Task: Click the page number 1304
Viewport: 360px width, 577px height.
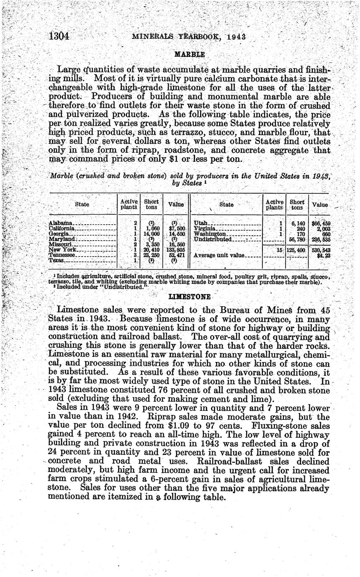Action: pos(59,36)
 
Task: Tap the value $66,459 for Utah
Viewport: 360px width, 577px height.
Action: pos(321,223)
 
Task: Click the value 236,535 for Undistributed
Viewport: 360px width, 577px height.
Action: pos(321,239)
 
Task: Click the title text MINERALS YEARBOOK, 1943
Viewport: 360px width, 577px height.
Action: pos(189,36)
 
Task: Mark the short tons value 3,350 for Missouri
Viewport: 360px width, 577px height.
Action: pos(152,244)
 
